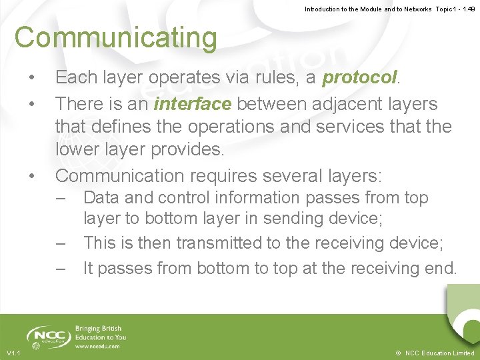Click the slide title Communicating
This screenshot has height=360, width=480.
click(x=116, y=38)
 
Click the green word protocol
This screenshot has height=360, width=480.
click(x=360, y=77)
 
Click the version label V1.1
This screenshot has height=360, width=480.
click(x=14, y=353)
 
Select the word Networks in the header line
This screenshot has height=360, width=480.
click(x=414, y=9)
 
